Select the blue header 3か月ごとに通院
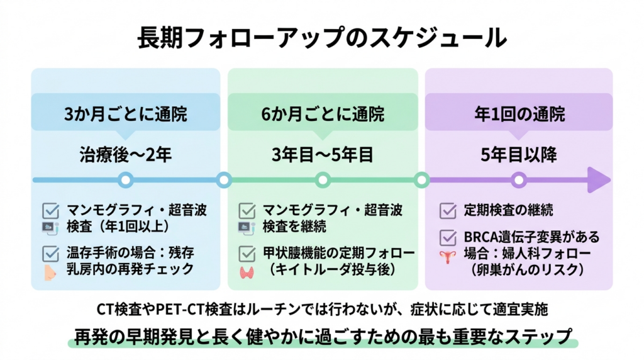click(x=125, y=115)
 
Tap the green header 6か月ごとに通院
click(x=323, y=115)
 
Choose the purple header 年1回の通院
click(x=519, y=115)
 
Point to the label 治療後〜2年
click(x=125, y=154)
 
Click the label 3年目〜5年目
click(x=323, y=154)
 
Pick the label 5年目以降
click(x=519, y=154)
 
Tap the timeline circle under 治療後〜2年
click(x=125, y=181)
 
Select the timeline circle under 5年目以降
click(x=518, y=181)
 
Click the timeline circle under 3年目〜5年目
click(x=323, y=181)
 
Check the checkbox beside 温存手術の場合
click(x=50, y=254)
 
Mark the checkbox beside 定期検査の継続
click(x=448, y=210)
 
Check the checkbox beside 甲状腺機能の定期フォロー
click(x=247, y=254)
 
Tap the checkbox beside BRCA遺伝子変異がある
click(x=448, y=238)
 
